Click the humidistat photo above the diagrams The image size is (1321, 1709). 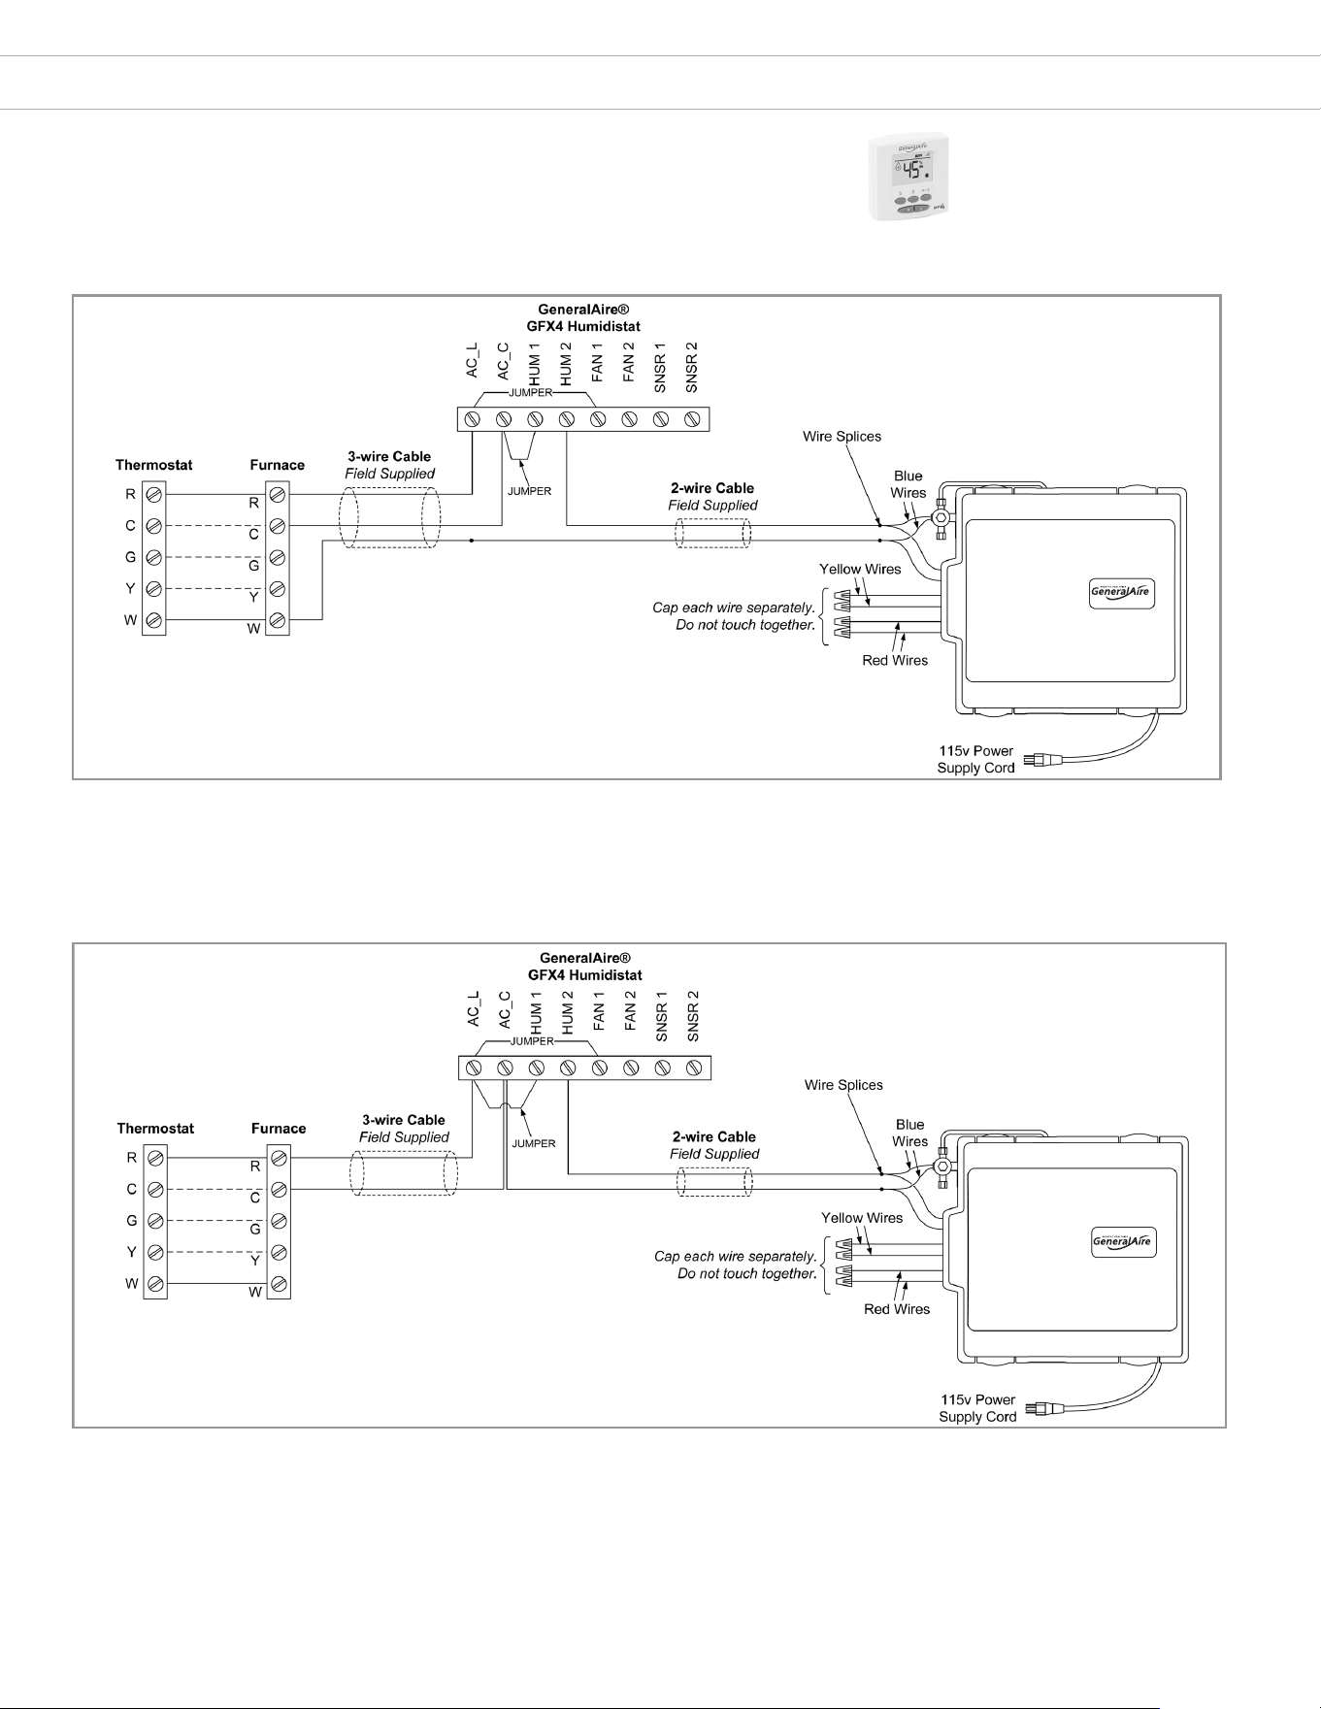908,178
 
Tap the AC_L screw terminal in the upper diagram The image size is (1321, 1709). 473,419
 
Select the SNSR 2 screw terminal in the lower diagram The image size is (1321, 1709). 694,1068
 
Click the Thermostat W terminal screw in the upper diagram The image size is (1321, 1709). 154,620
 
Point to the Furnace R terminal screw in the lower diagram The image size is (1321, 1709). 279,1158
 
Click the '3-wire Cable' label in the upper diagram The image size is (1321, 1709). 389,456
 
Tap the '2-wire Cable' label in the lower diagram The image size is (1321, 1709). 714,1136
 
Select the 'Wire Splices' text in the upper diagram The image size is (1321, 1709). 842,437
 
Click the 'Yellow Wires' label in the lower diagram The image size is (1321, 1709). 862,1218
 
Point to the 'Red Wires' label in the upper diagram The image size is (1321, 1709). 895,661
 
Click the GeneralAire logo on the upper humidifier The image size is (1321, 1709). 1122,593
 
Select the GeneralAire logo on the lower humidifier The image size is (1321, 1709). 1124,1241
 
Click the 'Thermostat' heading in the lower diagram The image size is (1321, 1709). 155,1129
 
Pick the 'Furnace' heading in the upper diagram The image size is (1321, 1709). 278,465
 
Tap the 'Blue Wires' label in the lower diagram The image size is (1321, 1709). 910,1134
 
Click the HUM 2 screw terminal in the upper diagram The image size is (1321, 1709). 567,419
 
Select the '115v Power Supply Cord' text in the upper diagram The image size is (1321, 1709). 975,760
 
